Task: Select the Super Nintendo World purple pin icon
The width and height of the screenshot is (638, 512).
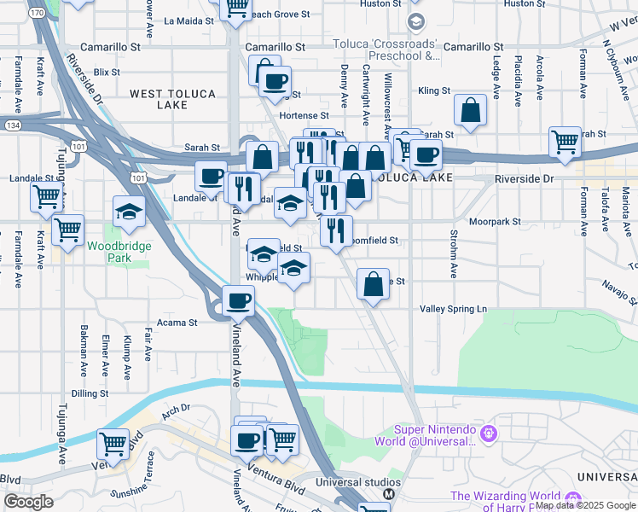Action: point(488,434)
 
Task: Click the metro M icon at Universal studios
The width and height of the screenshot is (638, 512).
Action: point(388,494)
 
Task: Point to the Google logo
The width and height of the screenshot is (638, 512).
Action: point(28,502)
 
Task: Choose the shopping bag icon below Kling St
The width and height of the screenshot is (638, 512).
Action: point(470,109)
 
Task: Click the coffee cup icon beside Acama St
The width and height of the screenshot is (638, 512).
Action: point(238,300)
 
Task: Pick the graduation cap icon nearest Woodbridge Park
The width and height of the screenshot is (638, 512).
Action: point(129,211)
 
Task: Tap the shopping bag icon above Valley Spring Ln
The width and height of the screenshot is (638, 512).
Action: point(373,284)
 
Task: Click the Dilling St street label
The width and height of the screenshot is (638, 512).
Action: point(88,393)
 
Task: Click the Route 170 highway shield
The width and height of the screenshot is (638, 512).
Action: point(36,14)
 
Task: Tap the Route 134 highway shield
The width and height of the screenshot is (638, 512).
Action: point(14,125)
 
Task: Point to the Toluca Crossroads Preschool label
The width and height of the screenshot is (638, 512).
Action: point(390,49)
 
